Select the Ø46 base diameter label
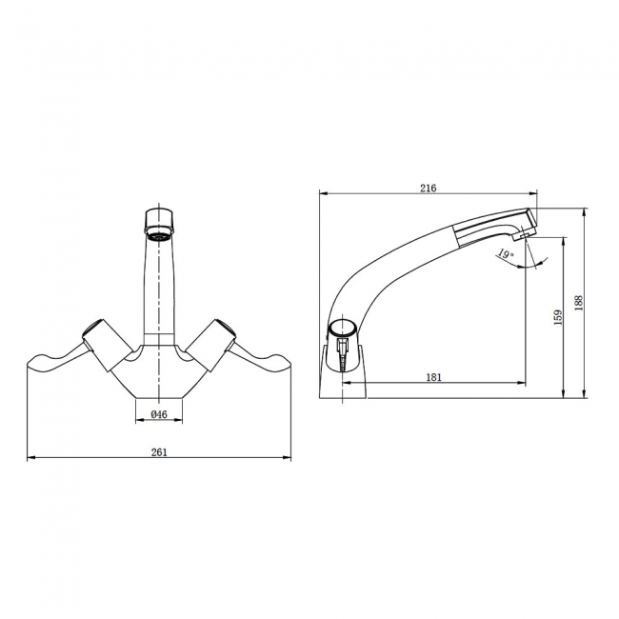159,414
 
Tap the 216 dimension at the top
428,189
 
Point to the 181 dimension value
433,377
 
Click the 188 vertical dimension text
579,302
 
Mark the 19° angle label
505,254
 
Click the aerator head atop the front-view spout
159,221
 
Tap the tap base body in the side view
344,376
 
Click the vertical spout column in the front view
159,286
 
